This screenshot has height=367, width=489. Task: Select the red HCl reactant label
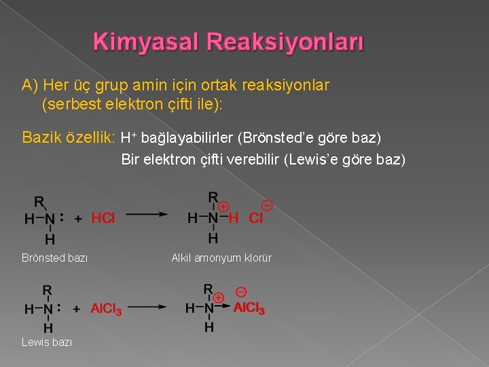tap(103, 218)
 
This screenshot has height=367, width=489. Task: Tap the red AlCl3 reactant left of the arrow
tap(107, 309)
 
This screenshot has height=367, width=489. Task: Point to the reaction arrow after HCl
tap(147, 214)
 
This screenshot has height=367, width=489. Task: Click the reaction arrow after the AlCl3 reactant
tap(147, 307)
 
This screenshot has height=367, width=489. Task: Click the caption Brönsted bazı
tap(54, 258)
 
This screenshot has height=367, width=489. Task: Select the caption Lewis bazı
tap(47, 342)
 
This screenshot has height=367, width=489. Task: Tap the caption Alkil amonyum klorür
tap(221, 258)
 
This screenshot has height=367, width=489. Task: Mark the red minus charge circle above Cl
tap(267, 205)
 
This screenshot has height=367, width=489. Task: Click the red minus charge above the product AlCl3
tap(240, 292)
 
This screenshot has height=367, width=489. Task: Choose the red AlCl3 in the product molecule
tap(249, 309)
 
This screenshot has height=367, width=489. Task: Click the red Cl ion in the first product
tap(255, 218)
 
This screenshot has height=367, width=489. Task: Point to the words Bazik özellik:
tap(69, 138)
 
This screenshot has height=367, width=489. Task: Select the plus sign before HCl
tap(78, 218)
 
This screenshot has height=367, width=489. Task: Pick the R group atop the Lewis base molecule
tap(47, 291)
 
